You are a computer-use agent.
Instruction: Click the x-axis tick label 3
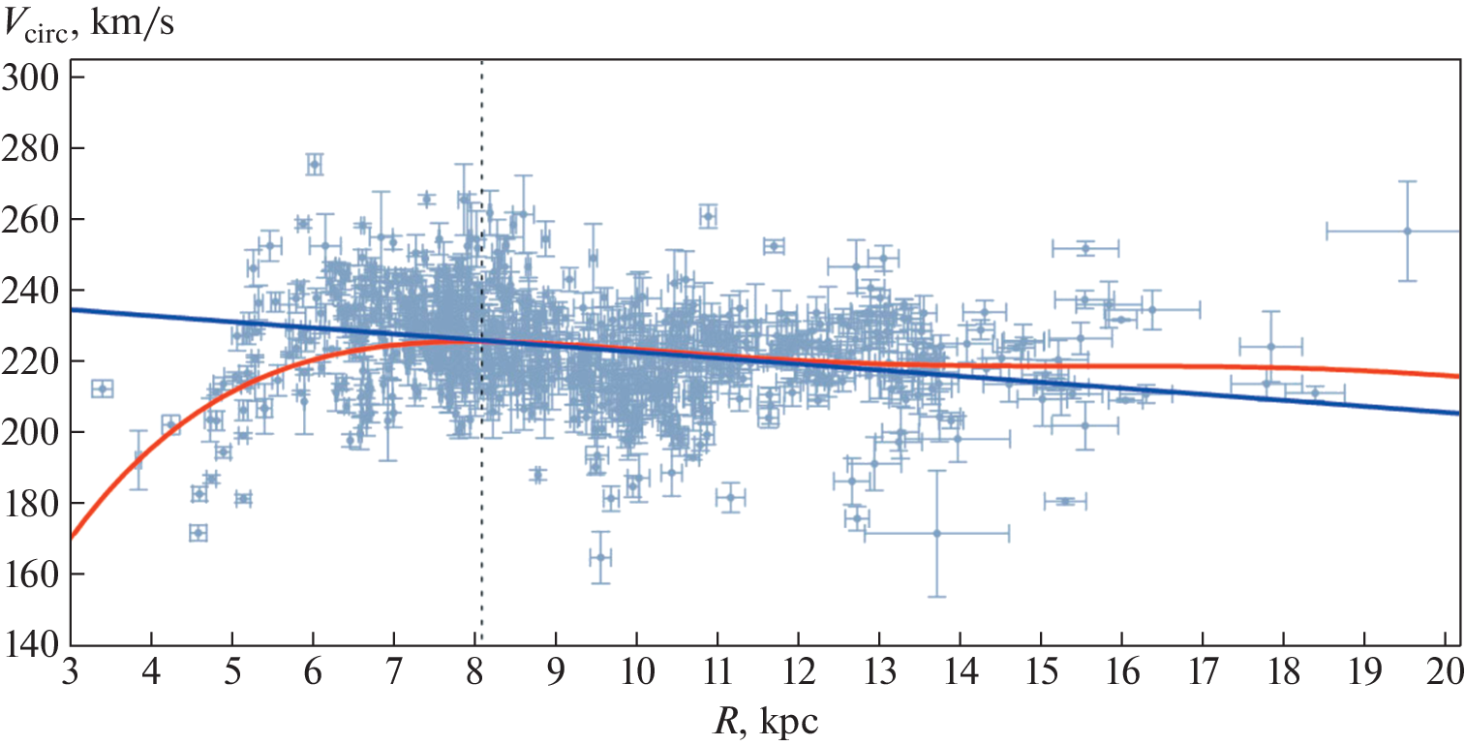pyautogui.click(x=71, y=671)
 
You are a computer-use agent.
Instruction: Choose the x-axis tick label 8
pyautogui.click(x=474, y=671)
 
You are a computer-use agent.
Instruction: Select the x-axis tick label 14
pyautogui.click(x=960, y=671)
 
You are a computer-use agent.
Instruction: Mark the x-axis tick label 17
pyautogui.click(x=1202, y=671)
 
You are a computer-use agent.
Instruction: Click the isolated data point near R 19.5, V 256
pyautogui.click(x=1407, y=231)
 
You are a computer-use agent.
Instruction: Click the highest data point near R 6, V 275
pyautogui.click(x=314, y=165)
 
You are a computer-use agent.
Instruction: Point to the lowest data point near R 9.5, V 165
pyautogui.click(x=600, y=557)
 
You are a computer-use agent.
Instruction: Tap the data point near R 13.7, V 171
pyautogui.click(x=936, y=533)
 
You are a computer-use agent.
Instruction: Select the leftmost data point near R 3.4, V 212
pyautogui.click(x=102, y=389)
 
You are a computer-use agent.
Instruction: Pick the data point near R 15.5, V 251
pyautogui.click(x=1085, y=248)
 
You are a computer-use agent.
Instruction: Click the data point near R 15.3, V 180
pyautogui.click(x=1065, y=501)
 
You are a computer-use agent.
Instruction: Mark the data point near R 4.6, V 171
pyautogui.click(x=198, y=533)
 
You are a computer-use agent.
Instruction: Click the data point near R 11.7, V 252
pyautogui.click(x=773, y=246)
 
